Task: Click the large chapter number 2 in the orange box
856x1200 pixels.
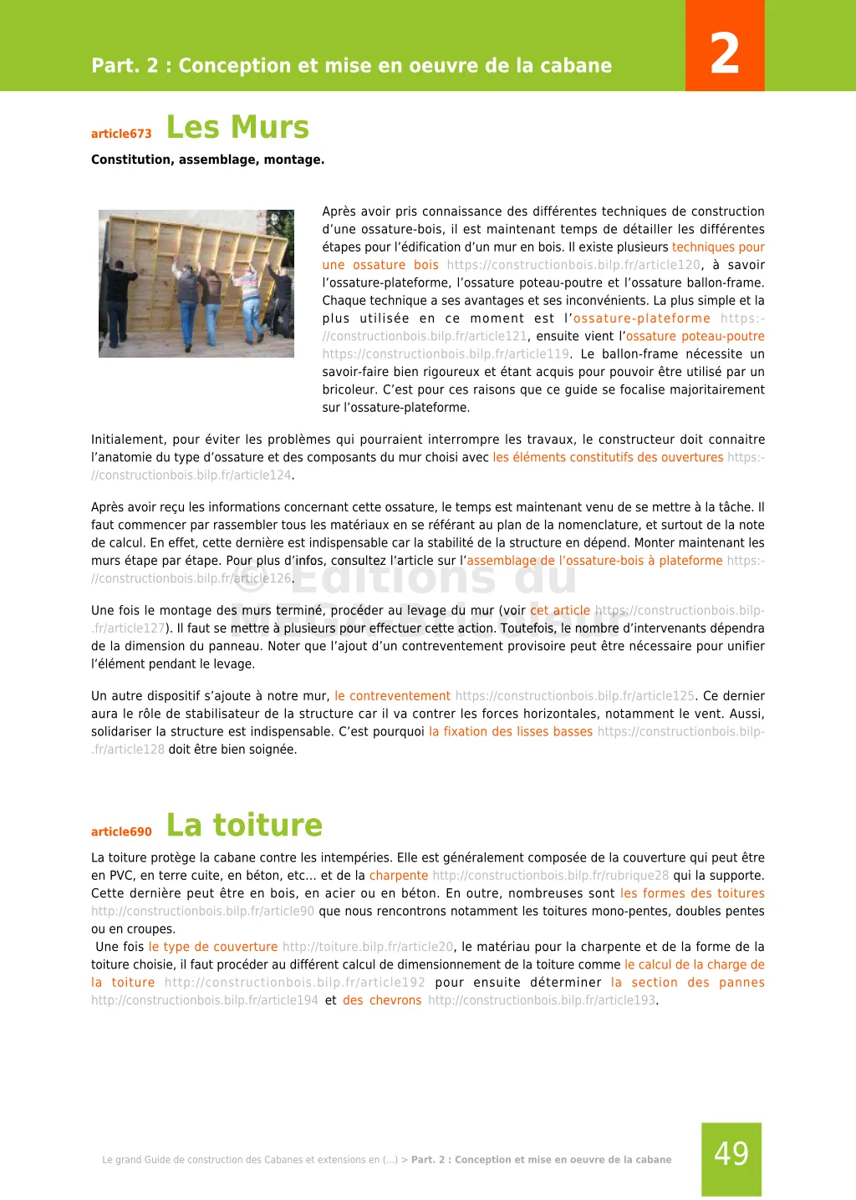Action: pos(725,53)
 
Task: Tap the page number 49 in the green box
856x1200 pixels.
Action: pos(731,1154)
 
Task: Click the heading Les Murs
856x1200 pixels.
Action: pos(238,127)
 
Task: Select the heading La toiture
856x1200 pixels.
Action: pos(244,825)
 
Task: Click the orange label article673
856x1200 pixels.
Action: pos(121,134)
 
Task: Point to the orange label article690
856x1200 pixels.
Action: pos(121,831)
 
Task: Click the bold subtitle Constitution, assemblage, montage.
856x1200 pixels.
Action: pos(207,160)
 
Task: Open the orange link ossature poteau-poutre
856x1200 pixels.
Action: pos(695,336)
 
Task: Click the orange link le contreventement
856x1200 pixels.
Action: pos(392,696)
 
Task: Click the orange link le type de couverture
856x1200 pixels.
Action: pos(213,947)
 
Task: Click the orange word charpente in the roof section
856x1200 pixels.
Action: pos(399,876)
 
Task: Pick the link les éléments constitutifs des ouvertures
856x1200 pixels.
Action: pos(608,457)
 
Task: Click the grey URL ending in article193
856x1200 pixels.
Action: pos(542,1000)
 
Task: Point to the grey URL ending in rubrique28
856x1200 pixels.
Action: pos(551,876)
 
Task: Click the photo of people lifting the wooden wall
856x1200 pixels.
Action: pos(196,283)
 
